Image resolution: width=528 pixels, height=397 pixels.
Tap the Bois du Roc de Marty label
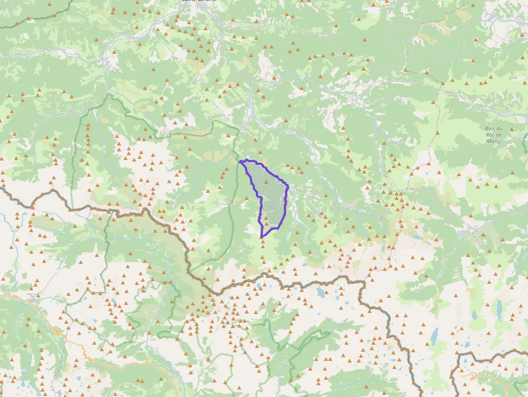tap(493, 135)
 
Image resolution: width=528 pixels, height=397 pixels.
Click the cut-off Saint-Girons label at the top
tap(198, 2)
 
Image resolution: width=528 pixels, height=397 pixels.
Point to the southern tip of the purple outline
tap(261, 237)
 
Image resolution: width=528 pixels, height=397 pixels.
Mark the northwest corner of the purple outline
tap(240, 161)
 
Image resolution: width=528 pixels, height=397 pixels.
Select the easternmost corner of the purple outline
tap(288, 186)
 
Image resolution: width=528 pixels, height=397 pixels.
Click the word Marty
tap(493, 141)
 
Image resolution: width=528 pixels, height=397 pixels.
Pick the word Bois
tap(489, 128)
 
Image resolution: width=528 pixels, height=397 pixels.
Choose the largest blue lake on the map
tap(434, 335)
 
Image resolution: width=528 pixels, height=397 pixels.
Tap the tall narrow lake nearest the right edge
tap(499, 308)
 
